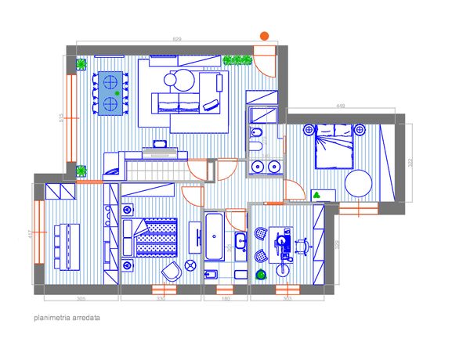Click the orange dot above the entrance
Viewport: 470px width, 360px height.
point(265,35)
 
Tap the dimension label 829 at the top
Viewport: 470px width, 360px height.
point(176,39)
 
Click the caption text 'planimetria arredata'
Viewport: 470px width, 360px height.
point(67,319)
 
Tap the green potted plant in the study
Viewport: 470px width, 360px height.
point(261,273)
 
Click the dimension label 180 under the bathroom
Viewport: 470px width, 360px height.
point(225,299)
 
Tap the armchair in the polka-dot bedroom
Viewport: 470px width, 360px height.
point(170,271)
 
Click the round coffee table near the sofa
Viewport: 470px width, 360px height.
point(184,79)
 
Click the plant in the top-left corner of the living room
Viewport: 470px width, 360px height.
point(81,63)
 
